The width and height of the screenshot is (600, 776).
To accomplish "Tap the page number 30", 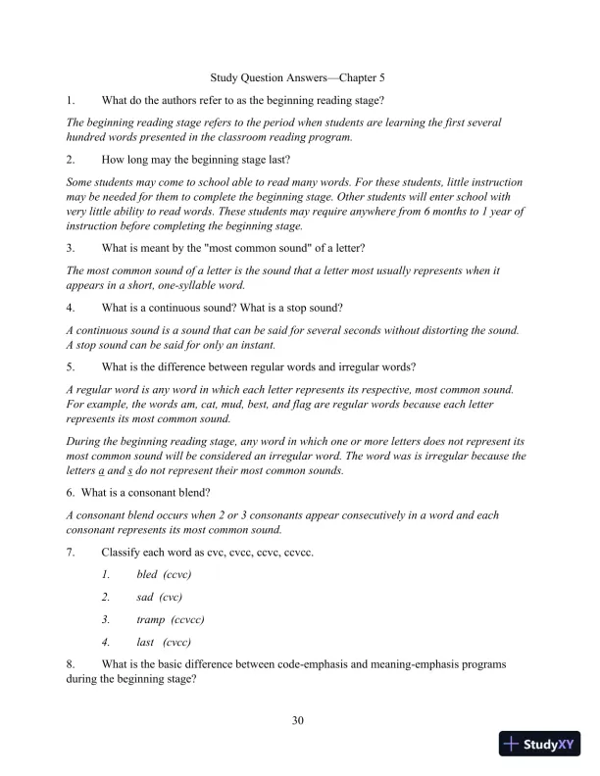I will (x=299, y=721).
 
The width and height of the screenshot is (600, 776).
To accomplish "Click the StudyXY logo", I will (x=541, y=744).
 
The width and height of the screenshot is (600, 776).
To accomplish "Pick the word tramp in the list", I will (x=151, y=619).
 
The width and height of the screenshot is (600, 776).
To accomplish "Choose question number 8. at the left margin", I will (x=70, y=664).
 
